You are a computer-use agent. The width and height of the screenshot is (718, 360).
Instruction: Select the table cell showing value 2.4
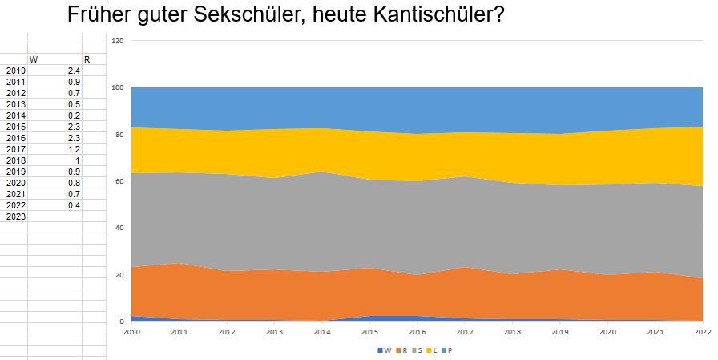point(73,71)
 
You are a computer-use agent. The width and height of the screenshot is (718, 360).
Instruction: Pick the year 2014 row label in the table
point(15,115)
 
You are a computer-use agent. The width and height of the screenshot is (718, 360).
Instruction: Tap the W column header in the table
point(33,59)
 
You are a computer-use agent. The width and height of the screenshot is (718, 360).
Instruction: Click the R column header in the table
point(87,59)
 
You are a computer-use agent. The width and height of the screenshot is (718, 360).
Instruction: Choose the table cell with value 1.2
point(73,149)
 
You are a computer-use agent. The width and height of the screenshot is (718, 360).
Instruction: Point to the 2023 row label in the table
point(15,216)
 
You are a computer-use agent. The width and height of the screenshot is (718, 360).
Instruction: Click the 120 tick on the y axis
point(118,40)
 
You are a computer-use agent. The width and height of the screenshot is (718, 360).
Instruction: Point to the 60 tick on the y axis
point(119,181)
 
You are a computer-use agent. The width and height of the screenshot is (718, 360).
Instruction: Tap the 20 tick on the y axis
point(119,275)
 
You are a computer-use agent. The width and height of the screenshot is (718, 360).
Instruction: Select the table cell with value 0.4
point(73,205)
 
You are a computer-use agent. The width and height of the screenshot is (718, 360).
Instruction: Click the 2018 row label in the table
point(15,160)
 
